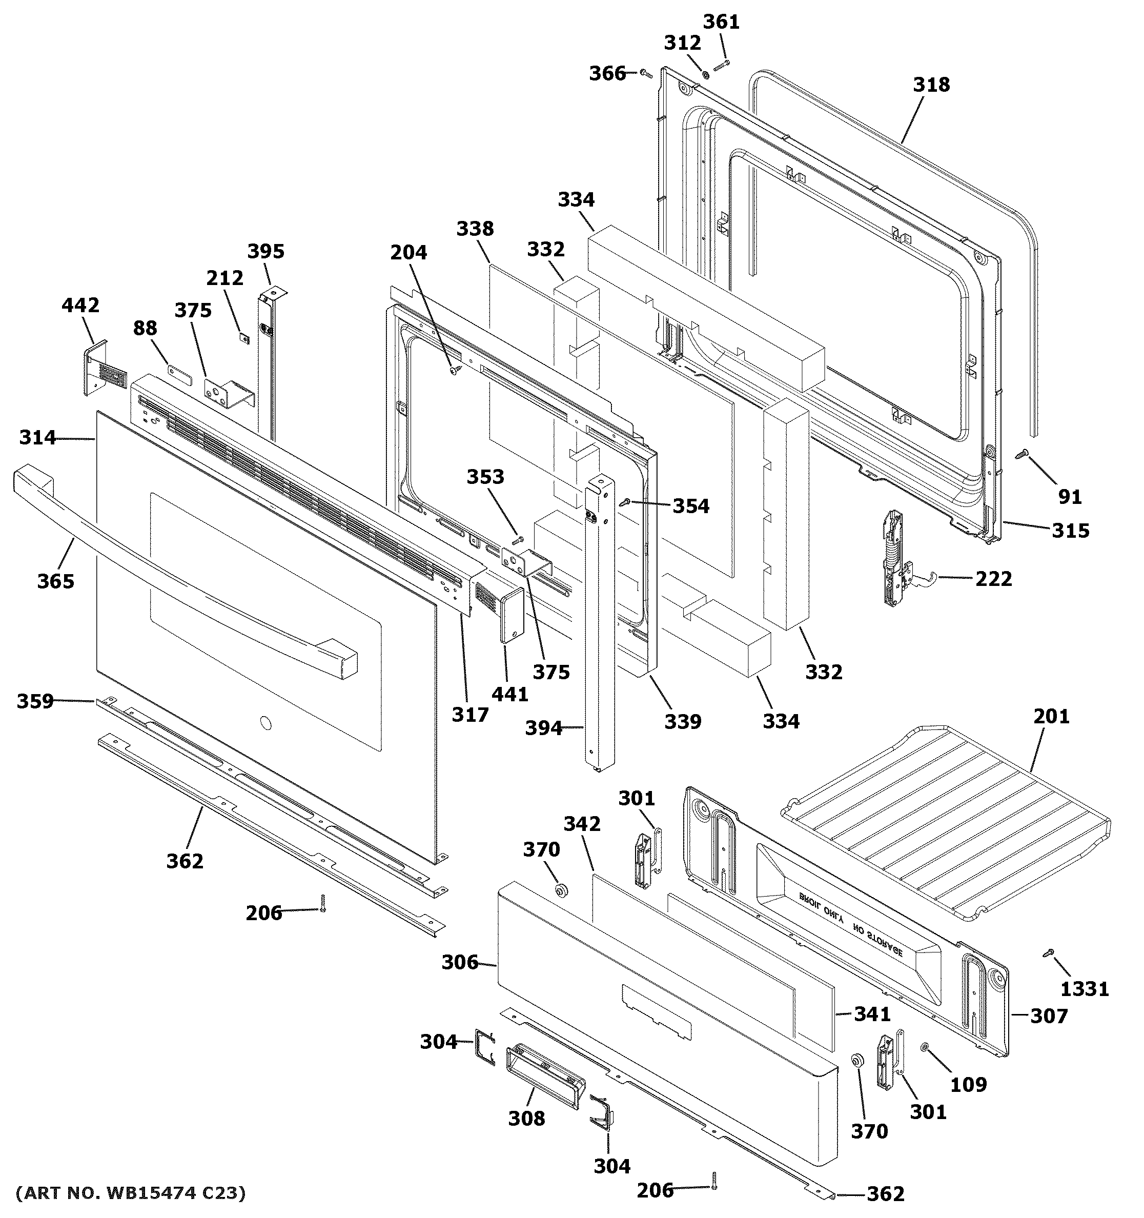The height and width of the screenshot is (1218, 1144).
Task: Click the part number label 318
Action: pyautogui.click(x=931, y=85)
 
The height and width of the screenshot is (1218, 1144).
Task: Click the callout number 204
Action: pyautogui.click(x=408, y=252)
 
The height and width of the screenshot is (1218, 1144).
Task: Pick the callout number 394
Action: pyautogui.click(x=543, y=728)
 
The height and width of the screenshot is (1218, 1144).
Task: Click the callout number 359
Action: pyautogui.click(x=35, y=701)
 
